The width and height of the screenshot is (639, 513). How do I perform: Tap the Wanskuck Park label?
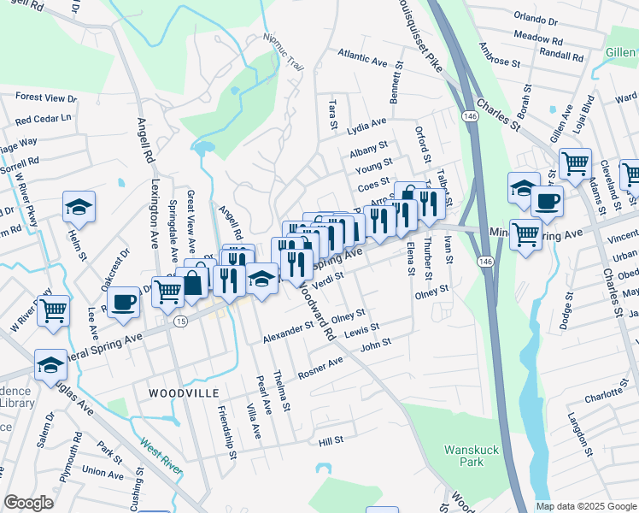pyautogui.click(x=465, y=456)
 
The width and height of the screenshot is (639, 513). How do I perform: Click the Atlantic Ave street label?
pyautogui.click(x=362, y=57)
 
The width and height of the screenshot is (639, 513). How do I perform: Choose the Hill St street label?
pyautogui.click(x=330, y=440)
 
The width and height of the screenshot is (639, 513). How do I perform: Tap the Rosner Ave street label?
pyautogui.click(x=320, y=369)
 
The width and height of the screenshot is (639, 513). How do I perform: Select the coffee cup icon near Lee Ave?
pyautogui.click(x=125, y=302)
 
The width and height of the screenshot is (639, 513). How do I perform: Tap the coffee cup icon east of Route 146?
pyautogui.click(x=547, y=202)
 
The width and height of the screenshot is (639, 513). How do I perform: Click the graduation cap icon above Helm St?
pyautogui.click(x=79, y=207)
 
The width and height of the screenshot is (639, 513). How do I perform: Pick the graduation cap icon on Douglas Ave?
pyautogui.click(x=51, y=364)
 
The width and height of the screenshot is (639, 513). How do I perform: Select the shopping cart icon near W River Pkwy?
pyautogui.click(x=53, y=310)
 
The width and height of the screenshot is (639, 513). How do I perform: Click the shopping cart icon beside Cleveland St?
pyautogui.click(x=575, y=162)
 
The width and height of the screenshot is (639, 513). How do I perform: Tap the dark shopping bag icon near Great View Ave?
pyautogui.click(x=194, y=283)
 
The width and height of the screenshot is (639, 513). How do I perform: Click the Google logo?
pyautogui.click(x=28, y=503)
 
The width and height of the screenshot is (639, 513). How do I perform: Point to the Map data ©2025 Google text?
pyautogui.click(x=586, y=506)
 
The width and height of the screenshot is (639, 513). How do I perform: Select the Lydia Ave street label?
pyautogui.click(x=367, y=127)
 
